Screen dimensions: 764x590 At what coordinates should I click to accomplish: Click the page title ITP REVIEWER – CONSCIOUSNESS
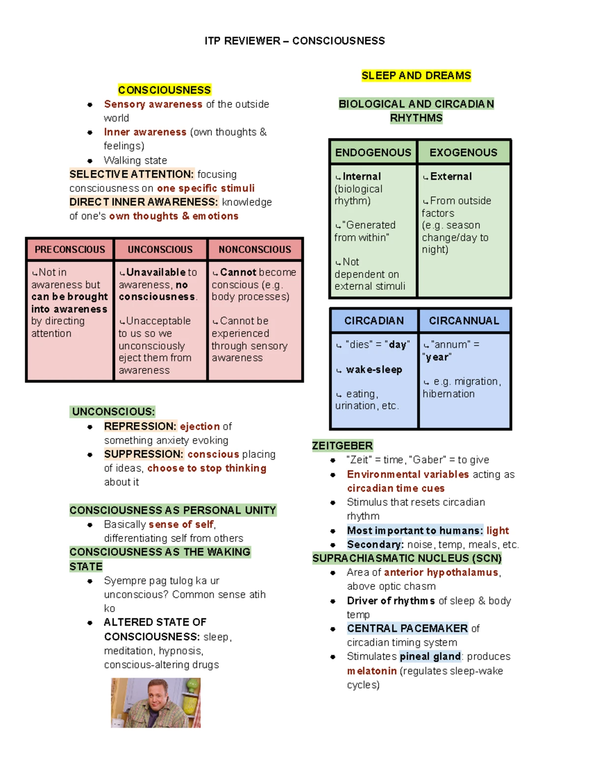(295, 41)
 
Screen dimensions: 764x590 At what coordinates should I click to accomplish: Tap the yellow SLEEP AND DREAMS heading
(416, 76)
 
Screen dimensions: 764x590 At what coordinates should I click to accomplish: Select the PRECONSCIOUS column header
(70, 249)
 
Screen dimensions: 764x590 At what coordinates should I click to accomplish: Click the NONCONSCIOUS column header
(255, 249)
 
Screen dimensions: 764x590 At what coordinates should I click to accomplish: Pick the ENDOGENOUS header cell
(373, 153)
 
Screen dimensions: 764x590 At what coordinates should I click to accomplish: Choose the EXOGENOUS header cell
(463, 153)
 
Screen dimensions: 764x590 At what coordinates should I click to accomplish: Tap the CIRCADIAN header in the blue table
(374, 321)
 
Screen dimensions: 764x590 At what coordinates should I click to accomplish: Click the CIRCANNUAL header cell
(464, 321)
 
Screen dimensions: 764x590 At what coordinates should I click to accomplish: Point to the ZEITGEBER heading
(342, 446)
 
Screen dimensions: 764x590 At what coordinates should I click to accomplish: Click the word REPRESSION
(140, 426)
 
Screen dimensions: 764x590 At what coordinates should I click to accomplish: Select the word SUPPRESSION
(143, 454)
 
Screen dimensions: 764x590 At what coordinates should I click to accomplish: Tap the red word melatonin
(372, 671)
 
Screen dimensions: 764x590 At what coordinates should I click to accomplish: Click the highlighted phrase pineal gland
(430, 657)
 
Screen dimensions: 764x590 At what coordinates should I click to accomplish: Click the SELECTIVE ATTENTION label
(131, 174)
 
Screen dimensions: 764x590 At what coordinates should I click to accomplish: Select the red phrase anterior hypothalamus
(441, 572)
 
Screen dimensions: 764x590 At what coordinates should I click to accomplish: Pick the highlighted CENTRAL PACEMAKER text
(407, 629)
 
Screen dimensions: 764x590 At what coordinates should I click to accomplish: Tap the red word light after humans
(498, 530)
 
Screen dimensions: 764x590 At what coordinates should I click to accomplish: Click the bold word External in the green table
(451, 177)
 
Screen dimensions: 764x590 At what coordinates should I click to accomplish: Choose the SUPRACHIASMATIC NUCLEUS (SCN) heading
(407, 558)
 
